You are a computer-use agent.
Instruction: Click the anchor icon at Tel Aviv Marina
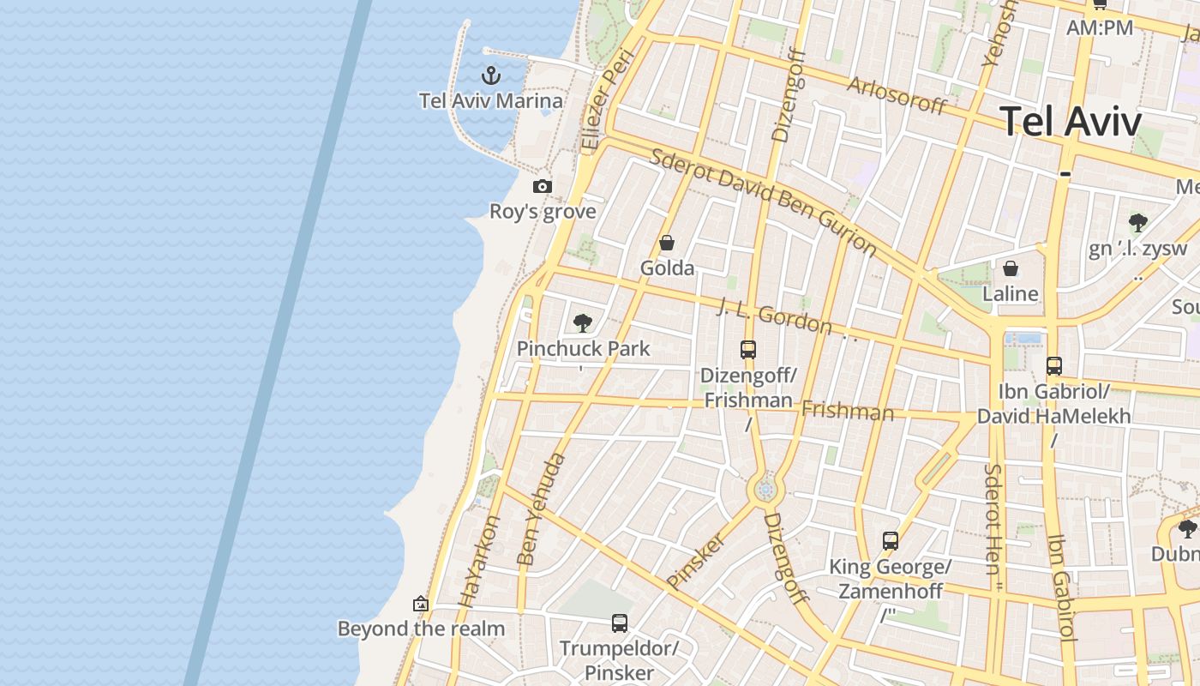click(x=491, y=75)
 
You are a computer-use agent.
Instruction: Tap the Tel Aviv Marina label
click(x=491, y=101)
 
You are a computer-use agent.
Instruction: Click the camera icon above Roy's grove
click(x=542, y=186)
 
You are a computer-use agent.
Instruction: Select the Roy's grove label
click(x=542, y=211)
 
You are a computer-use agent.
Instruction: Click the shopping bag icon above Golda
click(x=667, y=243)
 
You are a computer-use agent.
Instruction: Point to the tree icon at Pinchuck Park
click(x=583, y=323)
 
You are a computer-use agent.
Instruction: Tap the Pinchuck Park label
click(x=583, y=349)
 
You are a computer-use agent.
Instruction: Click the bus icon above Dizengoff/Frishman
click(x=748, y=350)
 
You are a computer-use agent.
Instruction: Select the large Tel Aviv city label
click(x=1071, y=122)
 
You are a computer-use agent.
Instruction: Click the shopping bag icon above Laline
click(x=1011, y=268)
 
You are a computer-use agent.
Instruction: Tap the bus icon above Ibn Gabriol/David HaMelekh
click(x=1054, y=366)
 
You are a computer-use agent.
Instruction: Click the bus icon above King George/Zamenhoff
click(x=891, y=541)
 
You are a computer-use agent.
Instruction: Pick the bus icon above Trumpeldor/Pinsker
click(x=620, y=623)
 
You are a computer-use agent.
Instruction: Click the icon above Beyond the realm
click(x=421, y=604)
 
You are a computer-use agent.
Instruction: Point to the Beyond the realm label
click(x=421, y=629)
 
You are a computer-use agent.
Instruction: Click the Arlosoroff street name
click(x=897, y=94)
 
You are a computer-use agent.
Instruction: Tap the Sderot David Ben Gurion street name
click(x=763, y=202)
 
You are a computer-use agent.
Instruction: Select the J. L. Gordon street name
click(x=774, y=316)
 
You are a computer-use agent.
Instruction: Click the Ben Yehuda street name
click(x=542, y=509)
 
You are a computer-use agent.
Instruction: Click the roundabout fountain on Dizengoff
click(x=765, y=490)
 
